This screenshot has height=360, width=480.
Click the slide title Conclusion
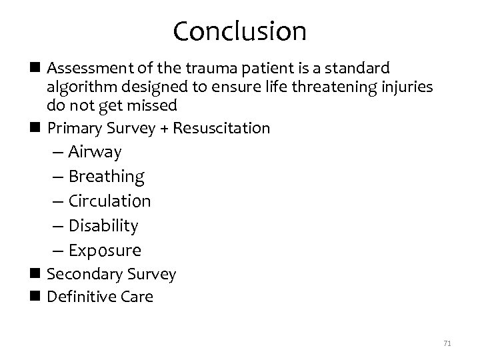point(239,31)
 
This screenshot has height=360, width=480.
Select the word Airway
point(95,152)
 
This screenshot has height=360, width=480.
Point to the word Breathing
point(107,177)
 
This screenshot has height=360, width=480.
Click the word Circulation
point(110,201)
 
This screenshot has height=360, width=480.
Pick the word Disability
point(103,226)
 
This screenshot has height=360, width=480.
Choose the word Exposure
point(105,251)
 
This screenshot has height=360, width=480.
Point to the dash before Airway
point(57,153)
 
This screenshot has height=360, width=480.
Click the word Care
point(138,297)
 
